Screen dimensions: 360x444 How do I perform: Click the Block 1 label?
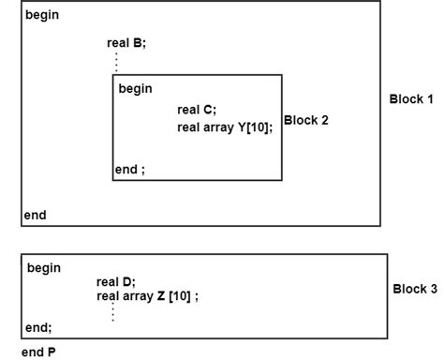pos(412,98)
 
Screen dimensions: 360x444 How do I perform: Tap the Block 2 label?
pos(305,120)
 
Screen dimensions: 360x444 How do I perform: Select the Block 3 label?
pos(415,289)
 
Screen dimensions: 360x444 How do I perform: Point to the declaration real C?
pos(196,110)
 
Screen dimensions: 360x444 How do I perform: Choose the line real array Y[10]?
pos(225,127)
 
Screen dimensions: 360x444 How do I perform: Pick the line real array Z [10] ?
pos(148,296)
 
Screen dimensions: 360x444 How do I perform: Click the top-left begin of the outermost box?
pos(43,16)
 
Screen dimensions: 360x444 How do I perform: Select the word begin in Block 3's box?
pos(44,268)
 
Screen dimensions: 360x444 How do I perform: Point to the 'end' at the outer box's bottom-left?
pos(35,215)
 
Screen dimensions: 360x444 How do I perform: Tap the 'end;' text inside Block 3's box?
pos(38,327)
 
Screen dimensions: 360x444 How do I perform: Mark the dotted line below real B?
pos(115,61)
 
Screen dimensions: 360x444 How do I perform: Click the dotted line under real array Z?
pos(112,312)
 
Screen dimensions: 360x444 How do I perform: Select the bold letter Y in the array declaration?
pos(241,127)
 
